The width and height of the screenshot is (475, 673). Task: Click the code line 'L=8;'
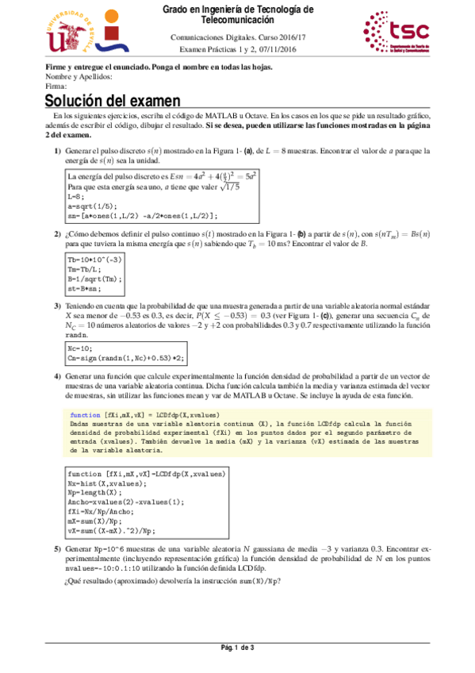(76, 195)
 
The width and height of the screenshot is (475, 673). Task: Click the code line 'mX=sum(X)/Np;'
(93, 521)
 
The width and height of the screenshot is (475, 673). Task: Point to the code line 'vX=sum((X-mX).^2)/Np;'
(111, 530)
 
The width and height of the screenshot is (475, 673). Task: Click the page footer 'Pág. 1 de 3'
(237, 649)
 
